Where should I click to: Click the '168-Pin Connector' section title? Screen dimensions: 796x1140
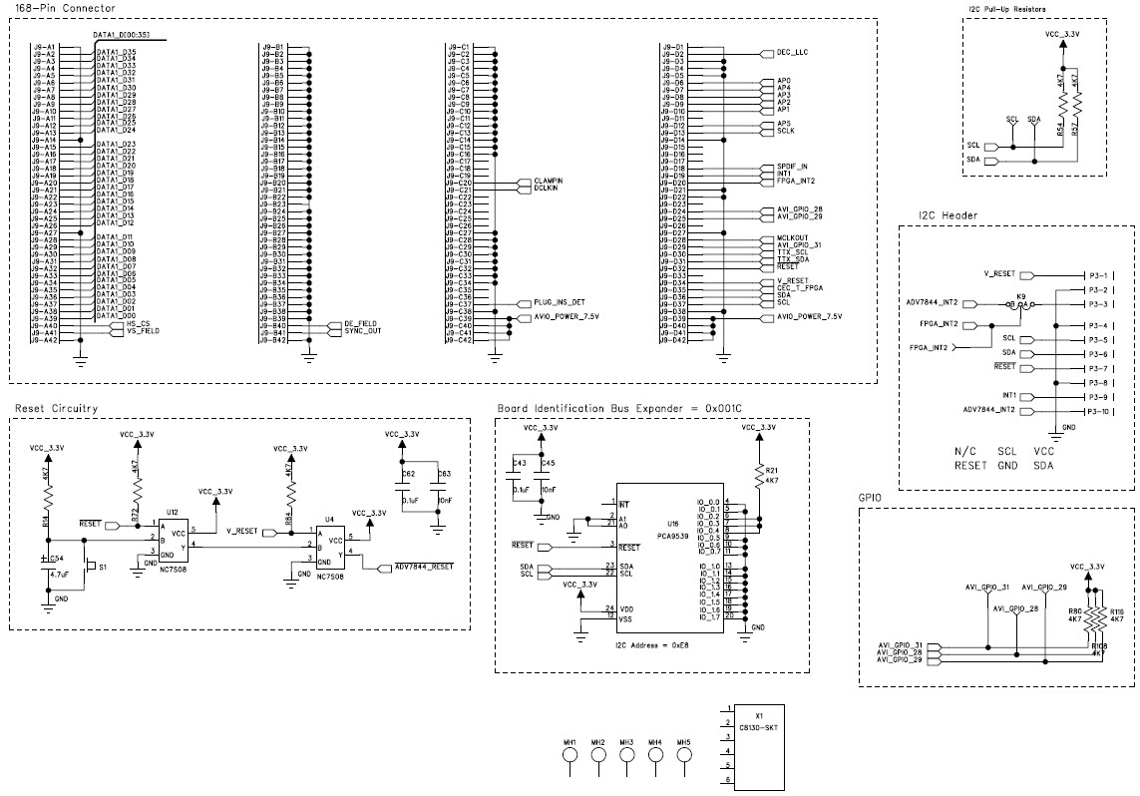click(59, 9)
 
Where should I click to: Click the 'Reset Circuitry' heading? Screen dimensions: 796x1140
click(56, 409)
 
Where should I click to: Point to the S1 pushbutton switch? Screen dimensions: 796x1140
click(90, 567)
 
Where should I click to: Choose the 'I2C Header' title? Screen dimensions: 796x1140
click(948, 215)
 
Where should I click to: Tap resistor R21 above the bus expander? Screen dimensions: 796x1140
click(759, 474)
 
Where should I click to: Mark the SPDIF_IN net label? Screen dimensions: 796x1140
click(792, 167)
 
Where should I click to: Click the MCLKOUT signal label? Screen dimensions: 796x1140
click(792, 238)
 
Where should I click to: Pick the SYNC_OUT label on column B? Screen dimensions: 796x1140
click(363, 331)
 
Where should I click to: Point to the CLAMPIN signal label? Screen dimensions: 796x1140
click(549, 181)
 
